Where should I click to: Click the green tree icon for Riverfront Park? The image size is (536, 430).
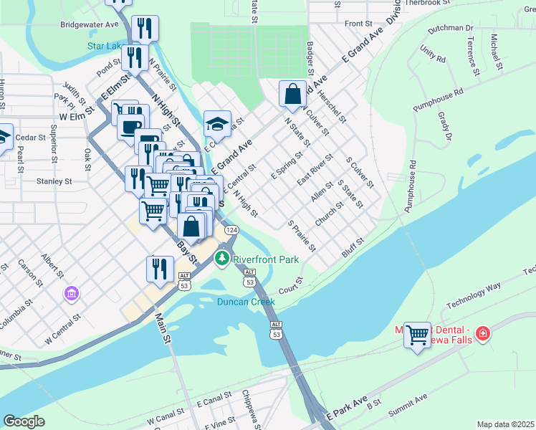coord(223,257)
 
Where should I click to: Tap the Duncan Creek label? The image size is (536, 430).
coord(246,302)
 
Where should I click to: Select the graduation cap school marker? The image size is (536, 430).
coord(217,124)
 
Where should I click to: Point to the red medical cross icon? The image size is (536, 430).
coord(483,333)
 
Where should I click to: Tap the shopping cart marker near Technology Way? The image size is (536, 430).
coord(417,334)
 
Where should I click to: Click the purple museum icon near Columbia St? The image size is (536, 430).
coord(71,293)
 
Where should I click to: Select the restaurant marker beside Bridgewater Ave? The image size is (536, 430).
coord(145,29)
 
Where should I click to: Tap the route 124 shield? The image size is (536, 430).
coord(231,230)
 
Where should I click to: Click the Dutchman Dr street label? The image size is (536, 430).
coord(450,29)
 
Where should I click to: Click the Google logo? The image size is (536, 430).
coord(24,421)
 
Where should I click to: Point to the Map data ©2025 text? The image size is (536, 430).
coord(505,424)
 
